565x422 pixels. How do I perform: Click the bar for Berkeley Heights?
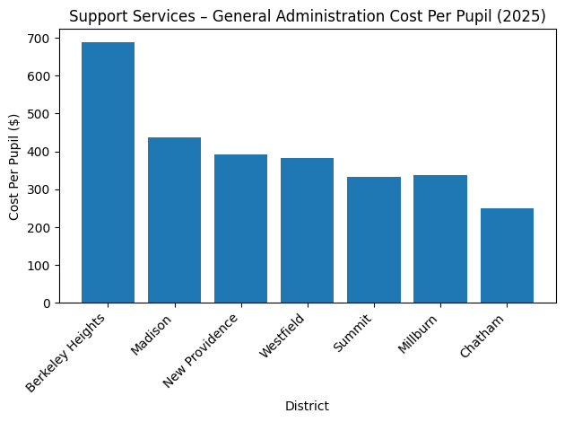(x=108, y=172)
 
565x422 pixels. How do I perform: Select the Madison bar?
(x=174, y=220)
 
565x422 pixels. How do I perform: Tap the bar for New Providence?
(x=240, y=229)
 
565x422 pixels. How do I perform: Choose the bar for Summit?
(x=373, y=240)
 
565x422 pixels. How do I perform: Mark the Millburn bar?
(x=439, y=239)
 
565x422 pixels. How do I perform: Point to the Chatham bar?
(x=507, y=256)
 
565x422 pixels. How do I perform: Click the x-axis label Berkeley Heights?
(x=68, y=352)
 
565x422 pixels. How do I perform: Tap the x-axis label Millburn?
(x=420, y=334)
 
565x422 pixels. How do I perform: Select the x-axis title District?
(x=307, y=407)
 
